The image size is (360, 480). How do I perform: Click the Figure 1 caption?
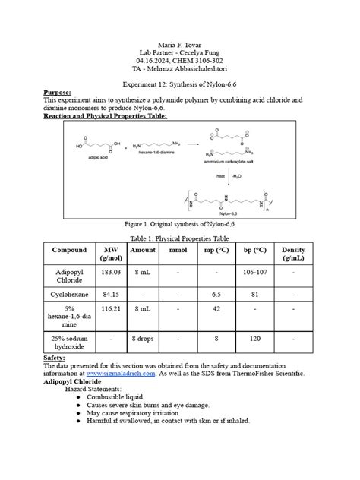[x=180, y=226]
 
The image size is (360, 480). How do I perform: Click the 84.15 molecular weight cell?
[x=112, y=294]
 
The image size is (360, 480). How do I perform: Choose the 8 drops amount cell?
[x=143, y=338]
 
